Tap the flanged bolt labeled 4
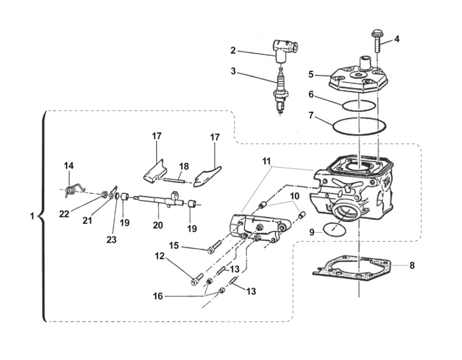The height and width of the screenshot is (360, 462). click(x=377, y=40)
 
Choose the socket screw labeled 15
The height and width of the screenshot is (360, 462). click(x=214, y=247)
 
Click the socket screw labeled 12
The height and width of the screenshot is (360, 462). click(x=197, y=280)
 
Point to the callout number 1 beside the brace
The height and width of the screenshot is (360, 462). click(x=32, y=216)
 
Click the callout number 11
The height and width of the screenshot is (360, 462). click(x=266, y=161)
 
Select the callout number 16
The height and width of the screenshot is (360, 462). click(x=158, y=296)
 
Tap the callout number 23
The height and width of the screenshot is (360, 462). click(x=111, y=240)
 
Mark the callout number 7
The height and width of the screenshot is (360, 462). click(x=311, y=115)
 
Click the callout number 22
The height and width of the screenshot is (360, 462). click(x=64, y=214)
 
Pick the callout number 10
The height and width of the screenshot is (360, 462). click(x=294, y=196)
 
